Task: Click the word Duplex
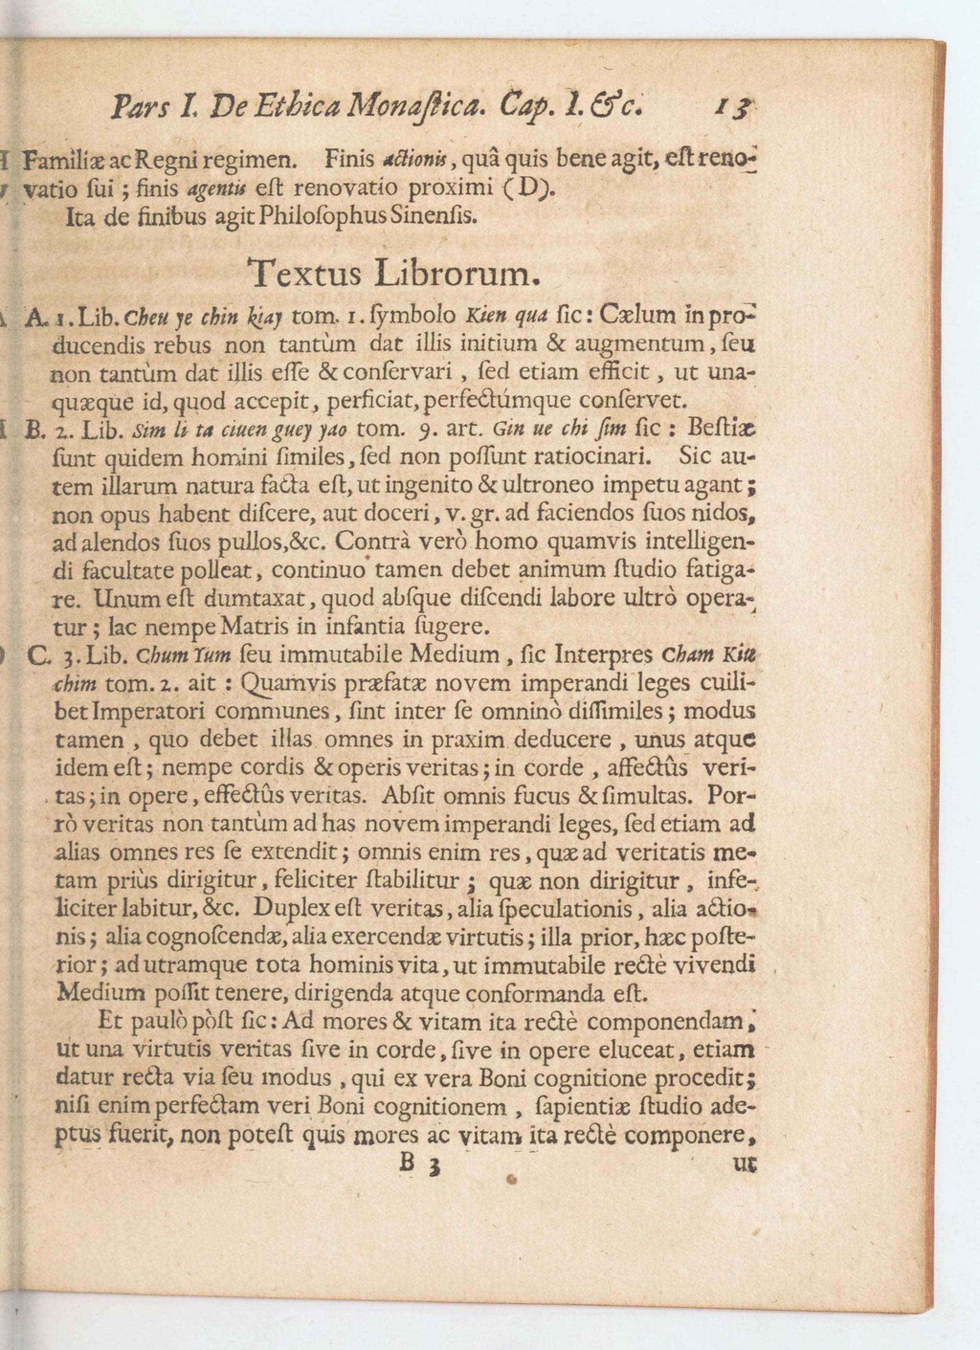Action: tap(286, 909)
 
